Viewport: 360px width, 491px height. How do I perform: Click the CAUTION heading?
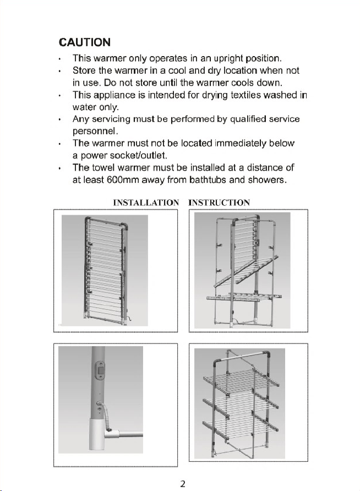[x=85, y=42]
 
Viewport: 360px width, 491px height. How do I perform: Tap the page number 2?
[x=183, y=484]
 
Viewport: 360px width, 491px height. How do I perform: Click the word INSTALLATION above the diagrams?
[x=146, y=203]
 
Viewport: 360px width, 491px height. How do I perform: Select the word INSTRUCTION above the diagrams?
[x=219, y=203]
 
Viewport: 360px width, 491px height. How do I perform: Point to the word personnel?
[x=94, y=131]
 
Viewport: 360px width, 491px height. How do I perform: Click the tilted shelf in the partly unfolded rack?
[x=246, y=271]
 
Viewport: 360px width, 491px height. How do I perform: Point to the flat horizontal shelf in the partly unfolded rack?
[x=244, y=297]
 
